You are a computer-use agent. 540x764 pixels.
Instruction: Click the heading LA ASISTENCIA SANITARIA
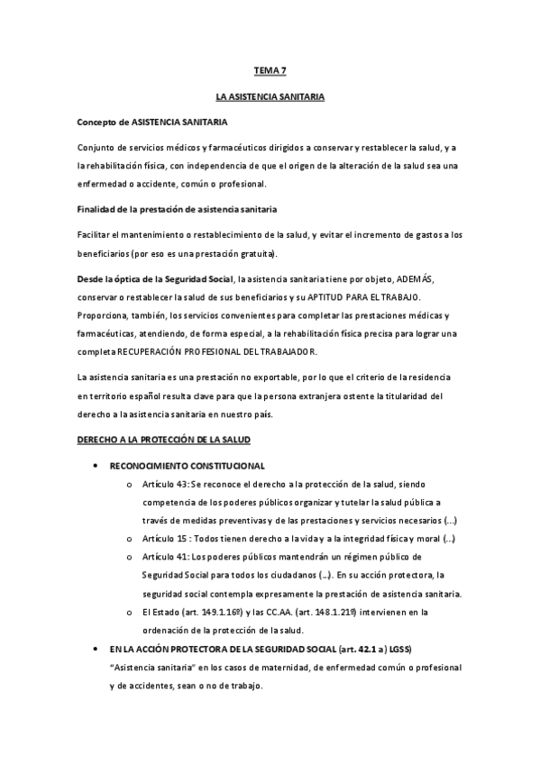point(270,95)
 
